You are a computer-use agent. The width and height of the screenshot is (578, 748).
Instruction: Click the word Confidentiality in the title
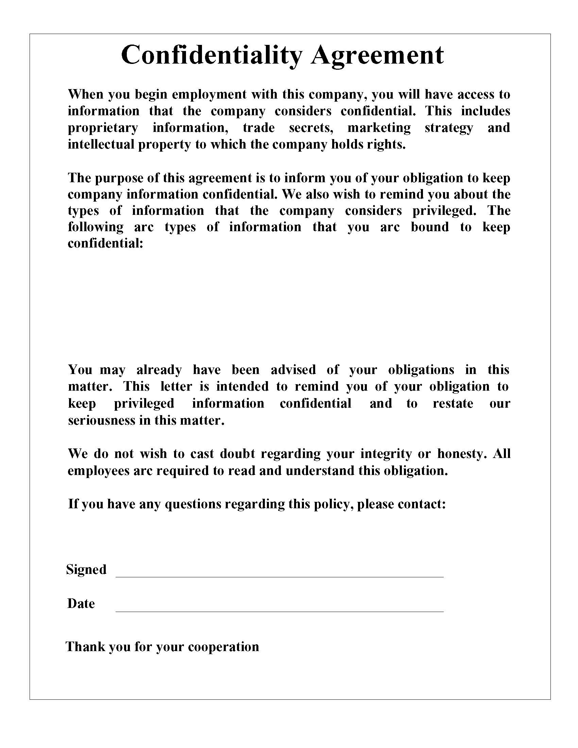212,55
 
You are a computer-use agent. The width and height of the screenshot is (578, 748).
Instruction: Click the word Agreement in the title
377,55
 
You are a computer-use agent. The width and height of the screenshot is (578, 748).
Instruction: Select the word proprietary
103,128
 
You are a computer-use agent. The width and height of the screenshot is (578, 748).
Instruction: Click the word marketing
379,128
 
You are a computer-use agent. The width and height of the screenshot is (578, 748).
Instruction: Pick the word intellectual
101,144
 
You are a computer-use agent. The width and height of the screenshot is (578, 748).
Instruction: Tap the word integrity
386,454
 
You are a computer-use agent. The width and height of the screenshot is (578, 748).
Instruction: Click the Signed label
86,569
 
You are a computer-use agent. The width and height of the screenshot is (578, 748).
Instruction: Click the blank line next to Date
279,611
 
